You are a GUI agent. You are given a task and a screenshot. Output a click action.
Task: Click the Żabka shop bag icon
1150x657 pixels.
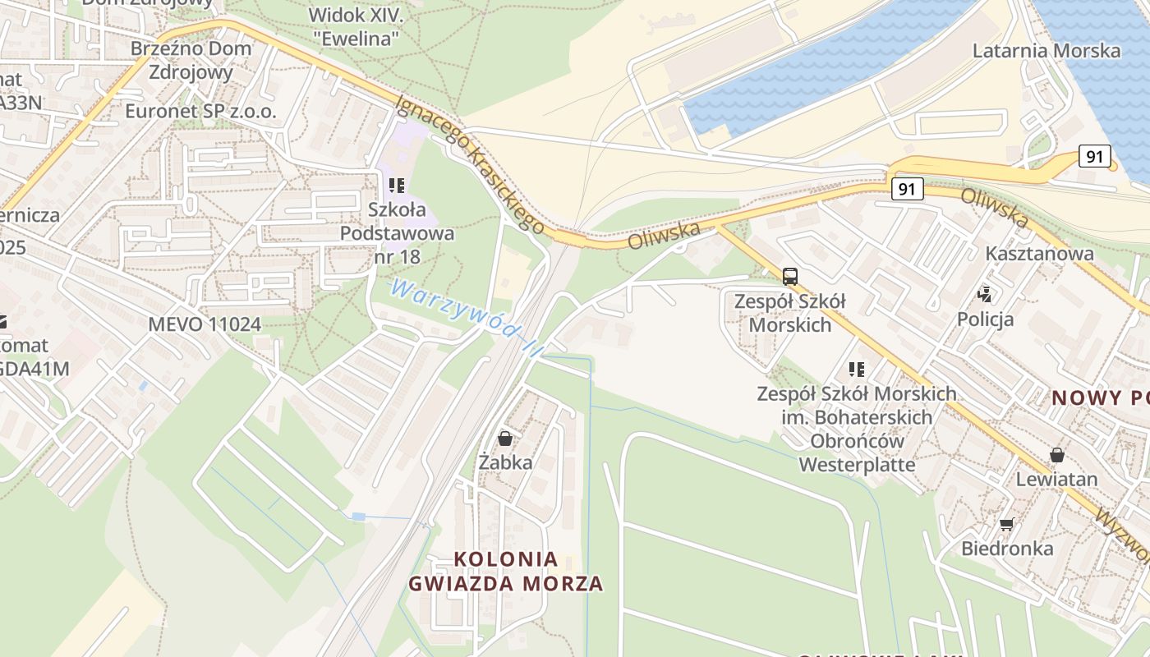coord(505,439)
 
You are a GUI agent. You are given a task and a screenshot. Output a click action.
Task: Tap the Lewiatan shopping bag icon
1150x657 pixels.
coord(1057,455)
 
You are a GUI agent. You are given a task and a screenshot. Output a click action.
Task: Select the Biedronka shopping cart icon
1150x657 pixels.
coord(1006,524)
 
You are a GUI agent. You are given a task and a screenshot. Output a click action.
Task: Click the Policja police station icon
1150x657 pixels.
coord(985,294)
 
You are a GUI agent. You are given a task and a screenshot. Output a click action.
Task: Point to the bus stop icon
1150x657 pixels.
coord(789,277)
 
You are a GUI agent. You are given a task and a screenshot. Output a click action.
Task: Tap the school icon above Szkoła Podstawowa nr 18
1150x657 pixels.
coord(397,186)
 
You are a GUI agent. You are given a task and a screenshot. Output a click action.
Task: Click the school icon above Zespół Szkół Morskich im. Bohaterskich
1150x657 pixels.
coord(857,370)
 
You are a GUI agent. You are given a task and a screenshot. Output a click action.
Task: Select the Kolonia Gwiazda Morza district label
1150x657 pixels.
coord(506,572)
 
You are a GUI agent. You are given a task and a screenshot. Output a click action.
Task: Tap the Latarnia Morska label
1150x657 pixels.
coord(1046,51)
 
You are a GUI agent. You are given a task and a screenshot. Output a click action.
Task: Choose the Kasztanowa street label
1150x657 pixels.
coord(1039,253)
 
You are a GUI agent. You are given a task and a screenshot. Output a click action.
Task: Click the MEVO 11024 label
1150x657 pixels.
coord(205,324)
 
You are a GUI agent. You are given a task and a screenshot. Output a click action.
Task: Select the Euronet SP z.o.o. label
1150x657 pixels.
coord(200,111)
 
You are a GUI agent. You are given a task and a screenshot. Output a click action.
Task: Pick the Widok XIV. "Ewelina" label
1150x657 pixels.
coord(355,26)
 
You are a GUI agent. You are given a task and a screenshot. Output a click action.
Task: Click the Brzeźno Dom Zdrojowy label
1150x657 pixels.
coord(191,60)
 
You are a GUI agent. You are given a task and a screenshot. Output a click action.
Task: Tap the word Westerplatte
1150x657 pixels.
coord(857,465)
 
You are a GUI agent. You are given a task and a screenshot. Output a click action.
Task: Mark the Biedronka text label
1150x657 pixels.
coord(1007,548)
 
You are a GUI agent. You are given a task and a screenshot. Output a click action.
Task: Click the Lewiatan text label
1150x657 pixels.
coord(1056,479)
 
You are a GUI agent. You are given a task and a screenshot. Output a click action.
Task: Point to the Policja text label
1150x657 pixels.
coord(985,319)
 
